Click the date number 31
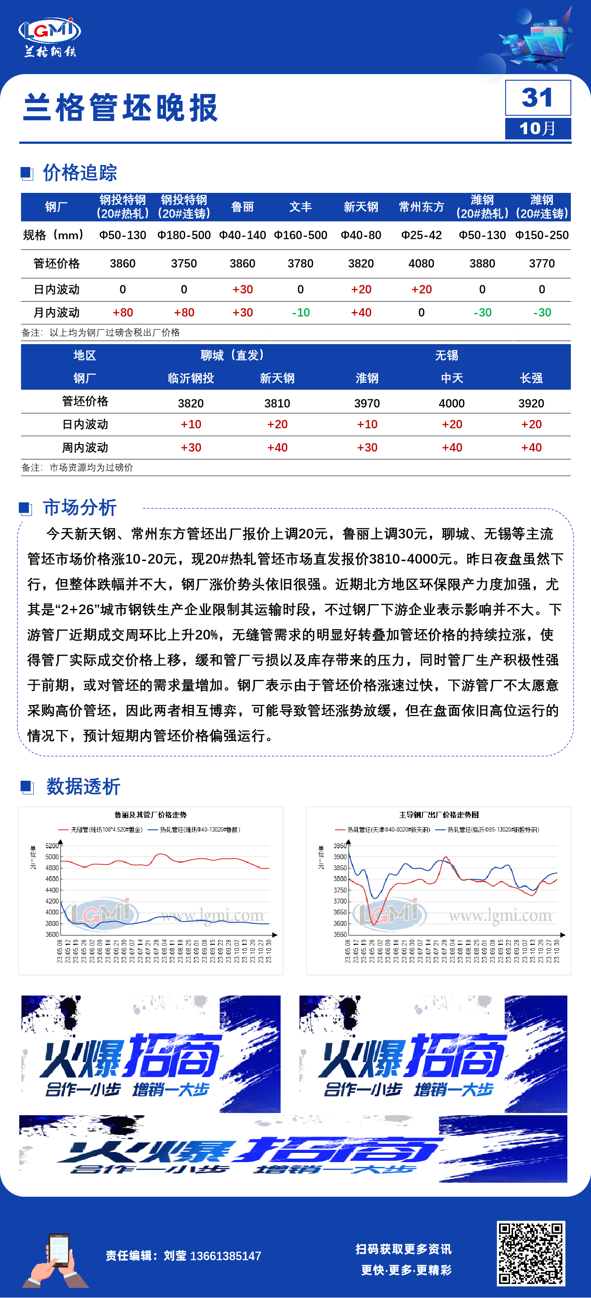point(537,97)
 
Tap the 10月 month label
point(537,128)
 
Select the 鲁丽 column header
point(242,207)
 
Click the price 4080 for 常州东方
point(421,263)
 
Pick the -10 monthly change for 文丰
point(300,313)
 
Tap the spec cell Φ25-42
point(421,235)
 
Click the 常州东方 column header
point(421,207)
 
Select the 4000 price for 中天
point(451,403)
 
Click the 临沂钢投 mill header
point(191,378)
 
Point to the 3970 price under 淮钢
point(367,403)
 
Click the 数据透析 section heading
point(83,786)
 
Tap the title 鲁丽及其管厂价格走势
point(150,815)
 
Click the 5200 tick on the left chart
point(52,846)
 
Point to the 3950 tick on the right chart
point(340,846)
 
